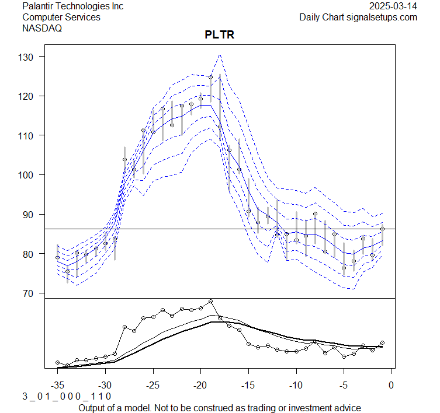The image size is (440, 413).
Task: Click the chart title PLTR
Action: [219, 35]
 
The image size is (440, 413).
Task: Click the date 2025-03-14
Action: [394, 6]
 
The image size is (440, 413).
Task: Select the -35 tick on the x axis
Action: [58, 384]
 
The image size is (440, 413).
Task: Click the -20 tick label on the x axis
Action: [200, 384]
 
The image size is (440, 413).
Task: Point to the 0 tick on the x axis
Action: [391, 384]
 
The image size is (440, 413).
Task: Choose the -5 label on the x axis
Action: [344, 384]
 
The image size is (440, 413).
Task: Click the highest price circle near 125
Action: [210, 77]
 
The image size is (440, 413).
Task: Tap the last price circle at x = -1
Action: [382, 229]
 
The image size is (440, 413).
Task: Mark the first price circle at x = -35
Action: [58, 257]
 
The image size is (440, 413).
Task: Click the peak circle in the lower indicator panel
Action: [210, 302]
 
